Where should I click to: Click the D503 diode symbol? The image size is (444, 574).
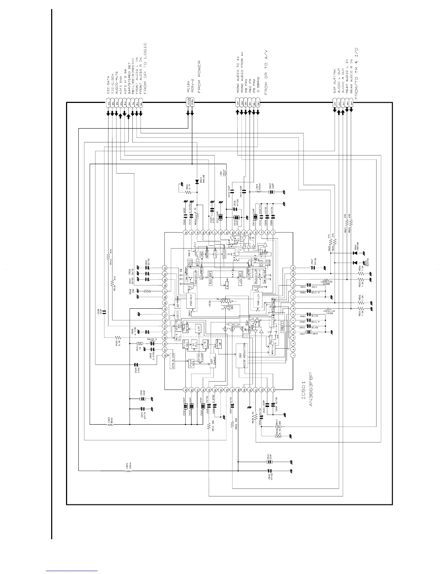point(197,181)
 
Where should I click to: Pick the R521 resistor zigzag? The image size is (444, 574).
point(181,187)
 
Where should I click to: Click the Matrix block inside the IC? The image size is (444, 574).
point(273,348)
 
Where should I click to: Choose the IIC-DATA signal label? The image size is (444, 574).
point(108,86)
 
